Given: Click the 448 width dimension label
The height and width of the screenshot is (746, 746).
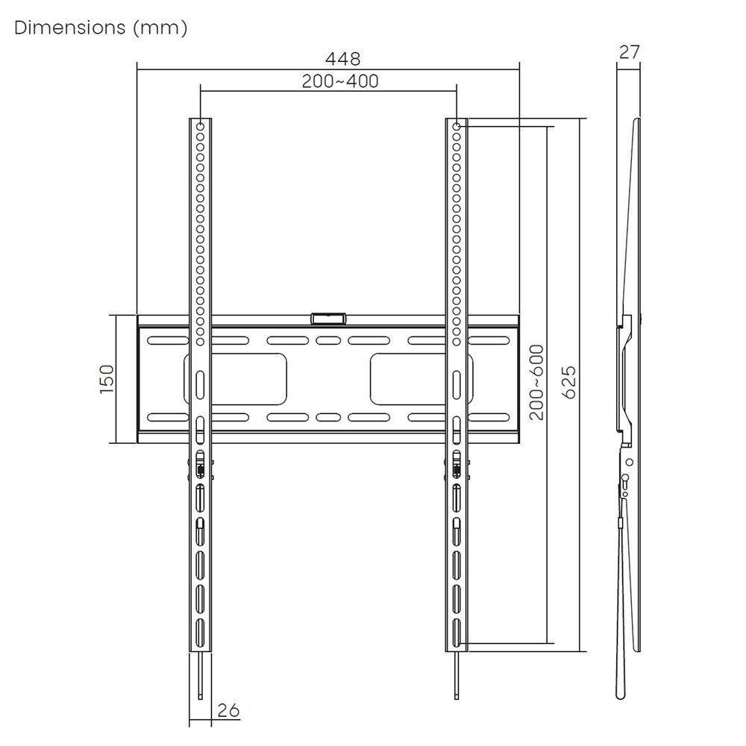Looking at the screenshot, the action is (342, 59).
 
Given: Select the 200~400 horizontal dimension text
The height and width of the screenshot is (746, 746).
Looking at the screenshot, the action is (340, 81).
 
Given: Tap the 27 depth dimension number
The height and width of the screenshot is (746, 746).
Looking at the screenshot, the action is (629, 52).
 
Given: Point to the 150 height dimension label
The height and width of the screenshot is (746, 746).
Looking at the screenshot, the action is (107, 379).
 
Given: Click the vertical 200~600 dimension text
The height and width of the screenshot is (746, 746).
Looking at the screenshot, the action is (536, 383).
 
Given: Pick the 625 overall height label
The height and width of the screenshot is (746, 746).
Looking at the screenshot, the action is (569, 382).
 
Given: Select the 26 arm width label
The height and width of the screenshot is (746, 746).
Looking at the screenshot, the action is (229, 710).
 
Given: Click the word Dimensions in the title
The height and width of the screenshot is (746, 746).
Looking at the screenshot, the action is (70, 28).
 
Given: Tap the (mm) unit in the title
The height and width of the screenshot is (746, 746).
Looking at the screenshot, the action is (160, 28).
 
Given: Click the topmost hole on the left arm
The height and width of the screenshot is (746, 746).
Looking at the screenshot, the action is (200, 127).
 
